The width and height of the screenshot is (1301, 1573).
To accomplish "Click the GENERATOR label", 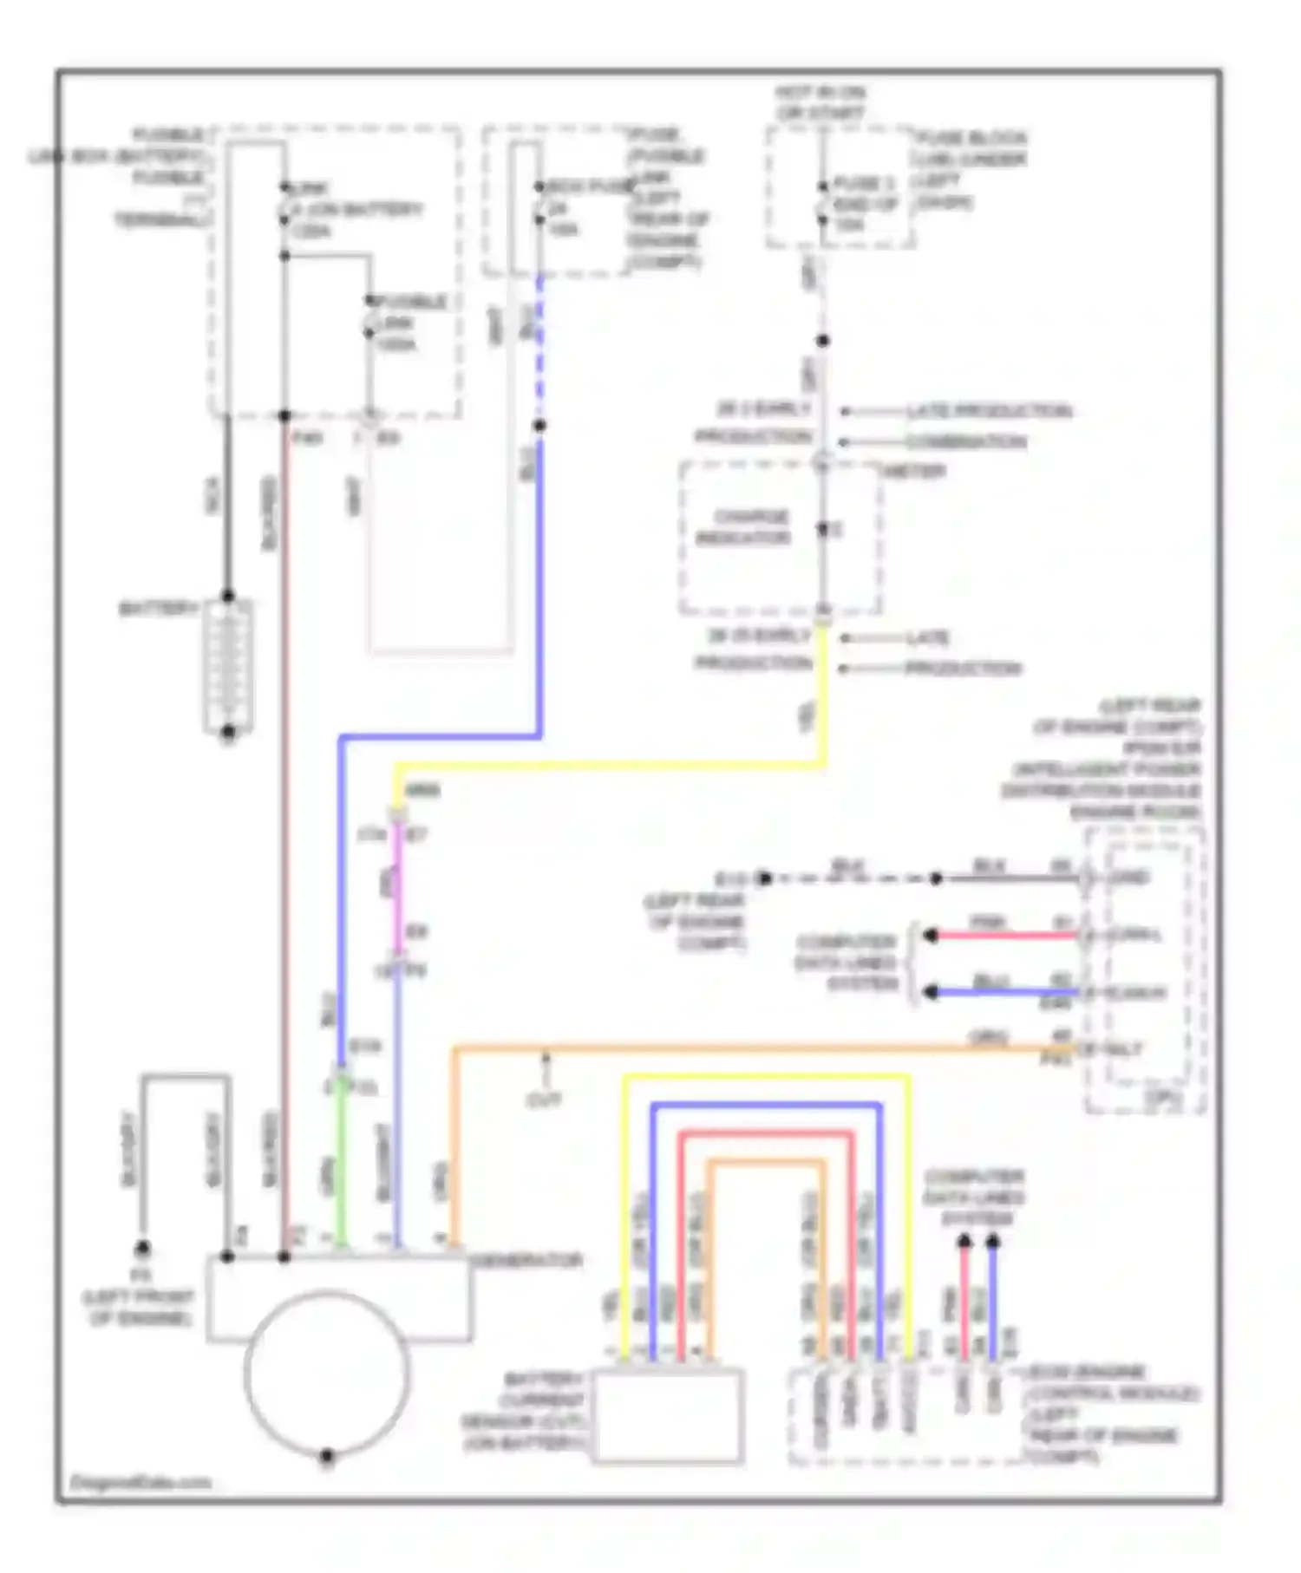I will [526, 1261].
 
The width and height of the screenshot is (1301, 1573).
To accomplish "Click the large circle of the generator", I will [327, 1371].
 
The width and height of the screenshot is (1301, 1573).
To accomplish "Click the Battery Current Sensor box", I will [668, 1416].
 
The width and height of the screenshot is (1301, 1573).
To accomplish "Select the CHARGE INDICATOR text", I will [744, 527].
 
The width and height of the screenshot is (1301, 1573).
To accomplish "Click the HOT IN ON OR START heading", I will [820, 102].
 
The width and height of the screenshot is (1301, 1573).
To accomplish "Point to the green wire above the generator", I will [342, 1162].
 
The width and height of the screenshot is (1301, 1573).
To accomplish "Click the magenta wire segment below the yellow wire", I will [397, 884].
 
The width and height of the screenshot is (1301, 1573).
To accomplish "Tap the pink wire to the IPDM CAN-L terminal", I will [1006, 936].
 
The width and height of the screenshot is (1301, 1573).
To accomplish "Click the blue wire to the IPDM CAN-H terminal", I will [1006, 992].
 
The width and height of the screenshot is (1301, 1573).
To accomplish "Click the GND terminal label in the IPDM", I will [1128, 878].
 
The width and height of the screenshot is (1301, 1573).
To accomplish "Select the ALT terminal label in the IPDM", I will [1124, 1049].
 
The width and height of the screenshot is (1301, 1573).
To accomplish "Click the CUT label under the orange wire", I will [544, 1100].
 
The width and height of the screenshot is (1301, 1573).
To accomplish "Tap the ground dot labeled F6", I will [142, 1249].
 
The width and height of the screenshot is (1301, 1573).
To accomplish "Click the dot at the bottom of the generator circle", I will [327, 1456].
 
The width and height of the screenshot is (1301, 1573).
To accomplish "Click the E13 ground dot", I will [764, 878].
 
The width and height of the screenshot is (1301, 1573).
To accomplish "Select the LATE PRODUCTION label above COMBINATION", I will [989, 411].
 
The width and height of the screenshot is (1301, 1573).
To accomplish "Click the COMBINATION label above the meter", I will [966, 442].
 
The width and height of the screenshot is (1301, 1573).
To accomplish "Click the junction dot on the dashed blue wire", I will [539, 425].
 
